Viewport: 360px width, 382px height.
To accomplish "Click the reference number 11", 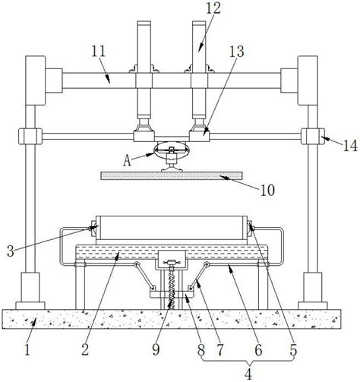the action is (x=99, y=52).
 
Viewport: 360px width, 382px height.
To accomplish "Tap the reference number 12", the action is (x=213, y=8).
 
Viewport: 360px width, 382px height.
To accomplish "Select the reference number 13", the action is (x=237, y=52).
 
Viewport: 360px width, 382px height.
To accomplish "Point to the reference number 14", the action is (x=350, y=146).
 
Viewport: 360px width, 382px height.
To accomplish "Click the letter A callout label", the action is (x=128, y=160).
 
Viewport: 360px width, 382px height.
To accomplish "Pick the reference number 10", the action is (x=267, y=190).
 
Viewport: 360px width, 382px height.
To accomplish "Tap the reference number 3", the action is (x=11, y=251).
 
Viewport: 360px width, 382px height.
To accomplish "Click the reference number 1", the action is (x=27, y=350).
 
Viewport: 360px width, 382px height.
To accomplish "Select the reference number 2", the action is (x=85, y=350).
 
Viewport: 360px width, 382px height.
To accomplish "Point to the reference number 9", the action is (x=156, y=350).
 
